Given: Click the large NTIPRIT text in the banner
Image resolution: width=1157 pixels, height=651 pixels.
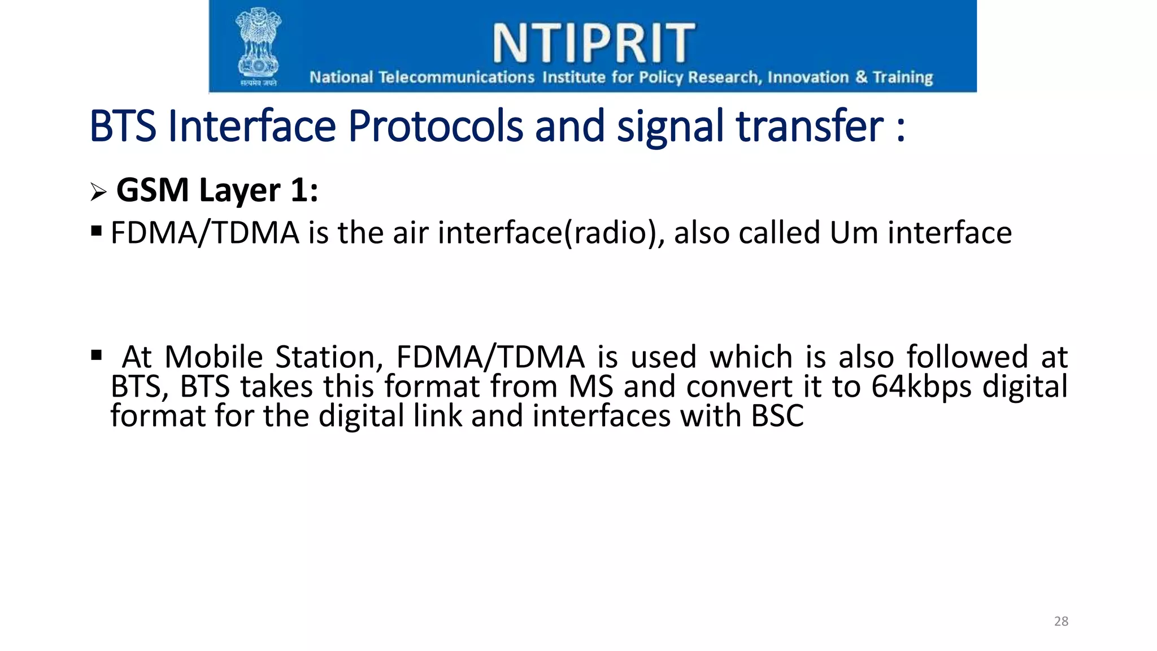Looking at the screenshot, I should tap(593, 43).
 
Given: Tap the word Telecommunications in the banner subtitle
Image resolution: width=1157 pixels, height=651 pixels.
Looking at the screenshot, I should tap(456, 77).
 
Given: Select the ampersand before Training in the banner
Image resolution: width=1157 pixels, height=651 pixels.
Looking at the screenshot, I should tap(861, 76).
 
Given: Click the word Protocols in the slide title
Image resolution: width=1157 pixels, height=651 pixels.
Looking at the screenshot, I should tap(435, 126).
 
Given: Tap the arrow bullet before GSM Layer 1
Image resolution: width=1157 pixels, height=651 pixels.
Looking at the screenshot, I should tap(98, 192).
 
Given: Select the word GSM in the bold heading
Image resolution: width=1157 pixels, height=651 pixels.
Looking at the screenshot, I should tap(152, 190).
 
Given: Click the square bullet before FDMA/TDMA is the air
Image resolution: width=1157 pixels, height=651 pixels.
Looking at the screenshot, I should tap(96, 231).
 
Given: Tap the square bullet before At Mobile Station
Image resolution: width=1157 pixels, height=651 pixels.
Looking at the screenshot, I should tap(96, 355).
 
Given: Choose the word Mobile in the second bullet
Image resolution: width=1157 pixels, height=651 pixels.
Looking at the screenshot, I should tap(214, 357).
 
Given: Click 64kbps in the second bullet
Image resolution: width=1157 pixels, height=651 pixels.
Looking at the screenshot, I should tap(921, 387).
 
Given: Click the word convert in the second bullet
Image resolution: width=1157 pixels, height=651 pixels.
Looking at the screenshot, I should tap(739, 387).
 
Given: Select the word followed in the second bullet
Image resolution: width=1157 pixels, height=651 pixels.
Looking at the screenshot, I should tap(967, 357).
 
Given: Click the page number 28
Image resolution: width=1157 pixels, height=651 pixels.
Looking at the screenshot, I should tap(1061, 621).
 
